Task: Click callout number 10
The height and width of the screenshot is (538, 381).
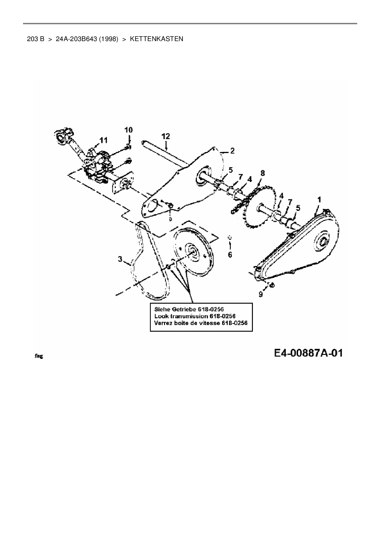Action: (128, 130)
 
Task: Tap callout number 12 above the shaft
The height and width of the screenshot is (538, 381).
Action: (166, 136)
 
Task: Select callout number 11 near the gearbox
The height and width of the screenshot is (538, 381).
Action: (103, 140)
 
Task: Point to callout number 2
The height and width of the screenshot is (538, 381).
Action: (232, 151)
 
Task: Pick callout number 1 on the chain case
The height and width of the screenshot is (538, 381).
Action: (319, 200)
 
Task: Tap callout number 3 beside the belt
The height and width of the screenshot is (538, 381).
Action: (120, 259)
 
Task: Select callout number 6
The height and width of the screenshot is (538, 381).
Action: (230, 255)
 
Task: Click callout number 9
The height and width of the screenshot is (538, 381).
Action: (261, 294)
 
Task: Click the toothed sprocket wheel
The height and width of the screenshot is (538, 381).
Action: (253, 212)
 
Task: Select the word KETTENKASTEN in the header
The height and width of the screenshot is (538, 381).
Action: (157, 39)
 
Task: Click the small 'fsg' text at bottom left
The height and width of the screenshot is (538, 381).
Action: (38, 356)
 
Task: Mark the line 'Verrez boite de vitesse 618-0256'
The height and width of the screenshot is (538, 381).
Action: (201, 323)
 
